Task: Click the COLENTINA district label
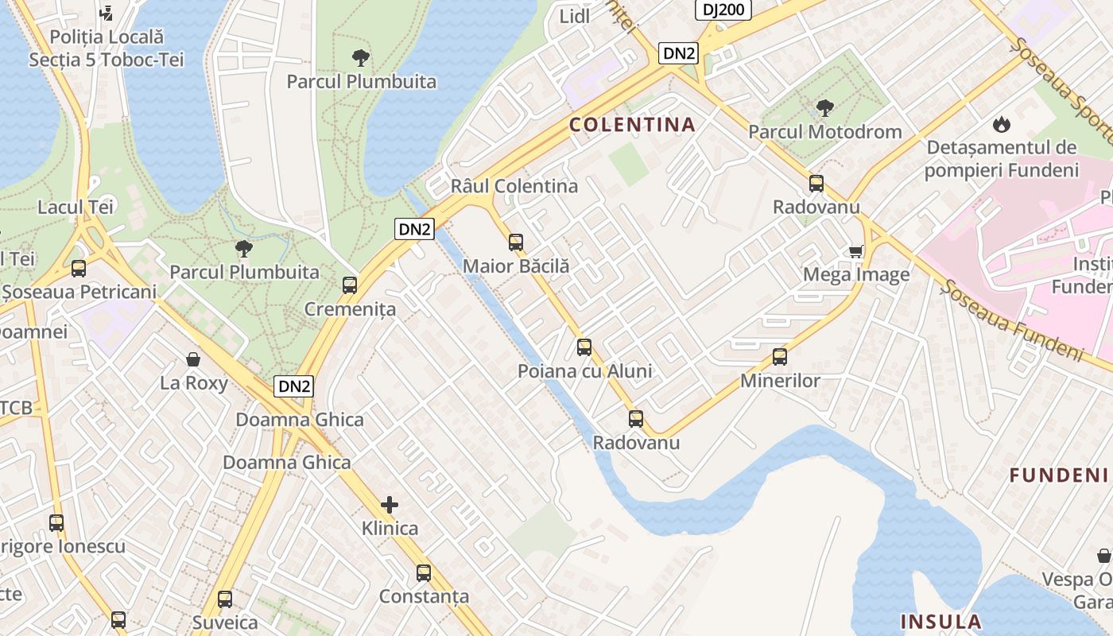(632, 125)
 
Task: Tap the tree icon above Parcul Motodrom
(825, 107)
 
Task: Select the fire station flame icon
(1001, 124)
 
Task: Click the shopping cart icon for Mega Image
(856, 251)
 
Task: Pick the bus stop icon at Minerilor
(780, 357)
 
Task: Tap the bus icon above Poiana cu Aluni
(584, 347)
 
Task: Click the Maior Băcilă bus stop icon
(516, 242)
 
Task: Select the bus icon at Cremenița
(350, 285)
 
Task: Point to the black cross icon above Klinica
(390, 504)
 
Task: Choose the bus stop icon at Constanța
(424, 573)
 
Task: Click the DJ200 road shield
(723, 10)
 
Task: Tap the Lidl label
(575, 17)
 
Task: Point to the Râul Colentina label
(514, 186)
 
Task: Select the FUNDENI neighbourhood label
(1058, 475)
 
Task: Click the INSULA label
(940, 621)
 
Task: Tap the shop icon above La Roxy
(193, 359)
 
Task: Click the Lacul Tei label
(76, 207)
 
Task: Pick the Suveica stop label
(225, 622)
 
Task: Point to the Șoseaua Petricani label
(79, 292)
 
